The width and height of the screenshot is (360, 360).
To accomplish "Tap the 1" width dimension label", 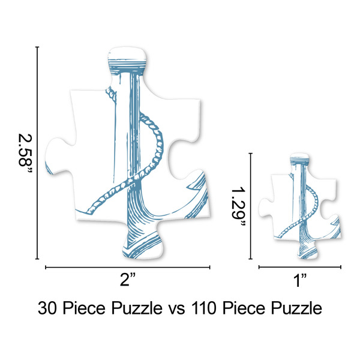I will (x=300, y=278).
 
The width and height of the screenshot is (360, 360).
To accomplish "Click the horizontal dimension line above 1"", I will (x=299, y=266).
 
